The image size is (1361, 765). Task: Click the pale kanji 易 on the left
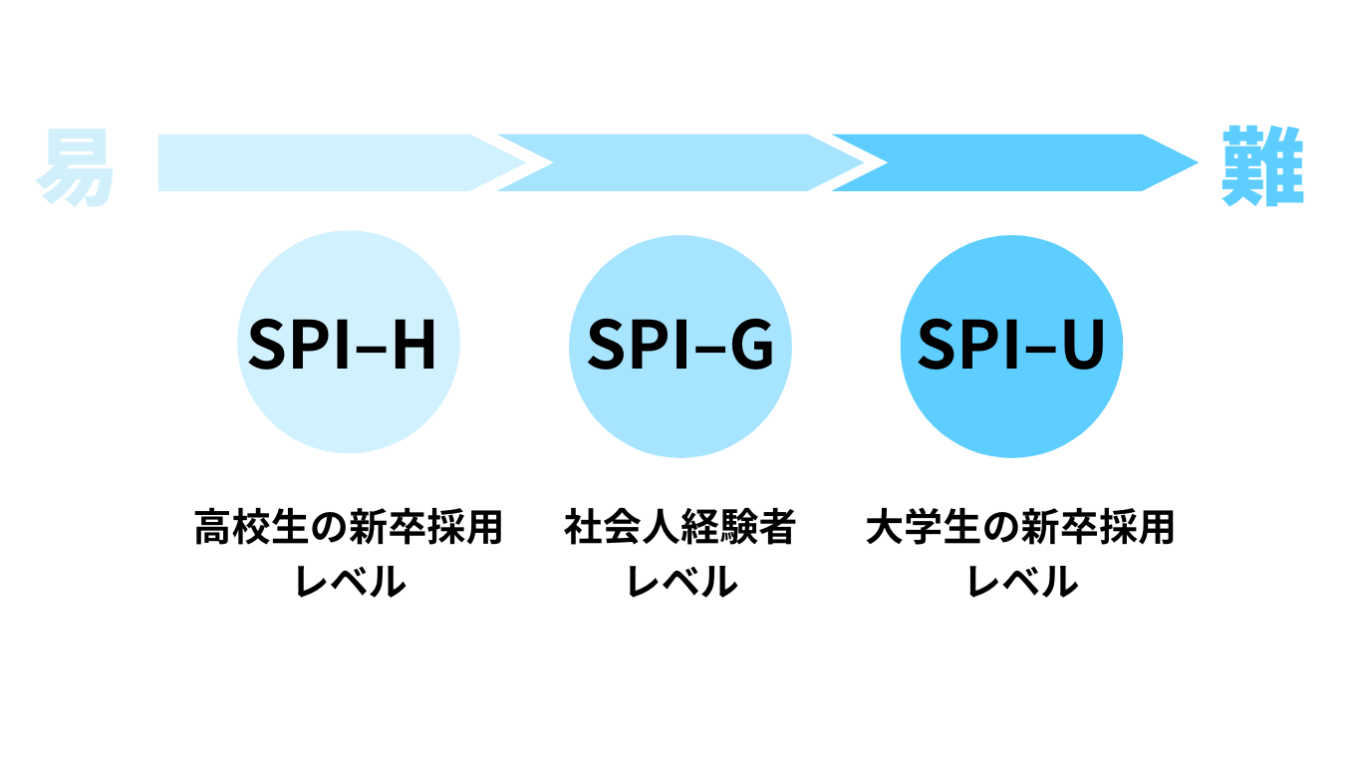[x=76, y=166]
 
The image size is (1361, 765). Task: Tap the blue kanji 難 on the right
[x=1262, y=164]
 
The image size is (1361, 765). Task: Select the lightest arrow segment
[x=319, y=162]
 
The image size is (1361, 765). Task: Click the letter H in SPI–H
[x=412, y=345]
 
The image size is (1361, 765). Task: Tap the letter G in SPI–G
[x=749, y=345]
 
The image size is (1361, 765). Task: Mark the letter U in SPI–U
[x=1080, y=345]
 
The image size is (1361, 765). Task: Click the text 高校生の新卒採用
[x=349, y=529]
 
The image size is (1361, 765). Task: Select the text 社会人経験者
[x=680, y=529]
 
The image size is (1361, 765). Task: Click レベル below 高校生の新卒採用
[x=350, y=581]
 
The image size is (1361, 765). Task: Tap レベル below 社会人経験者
[x=681, y=581]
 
